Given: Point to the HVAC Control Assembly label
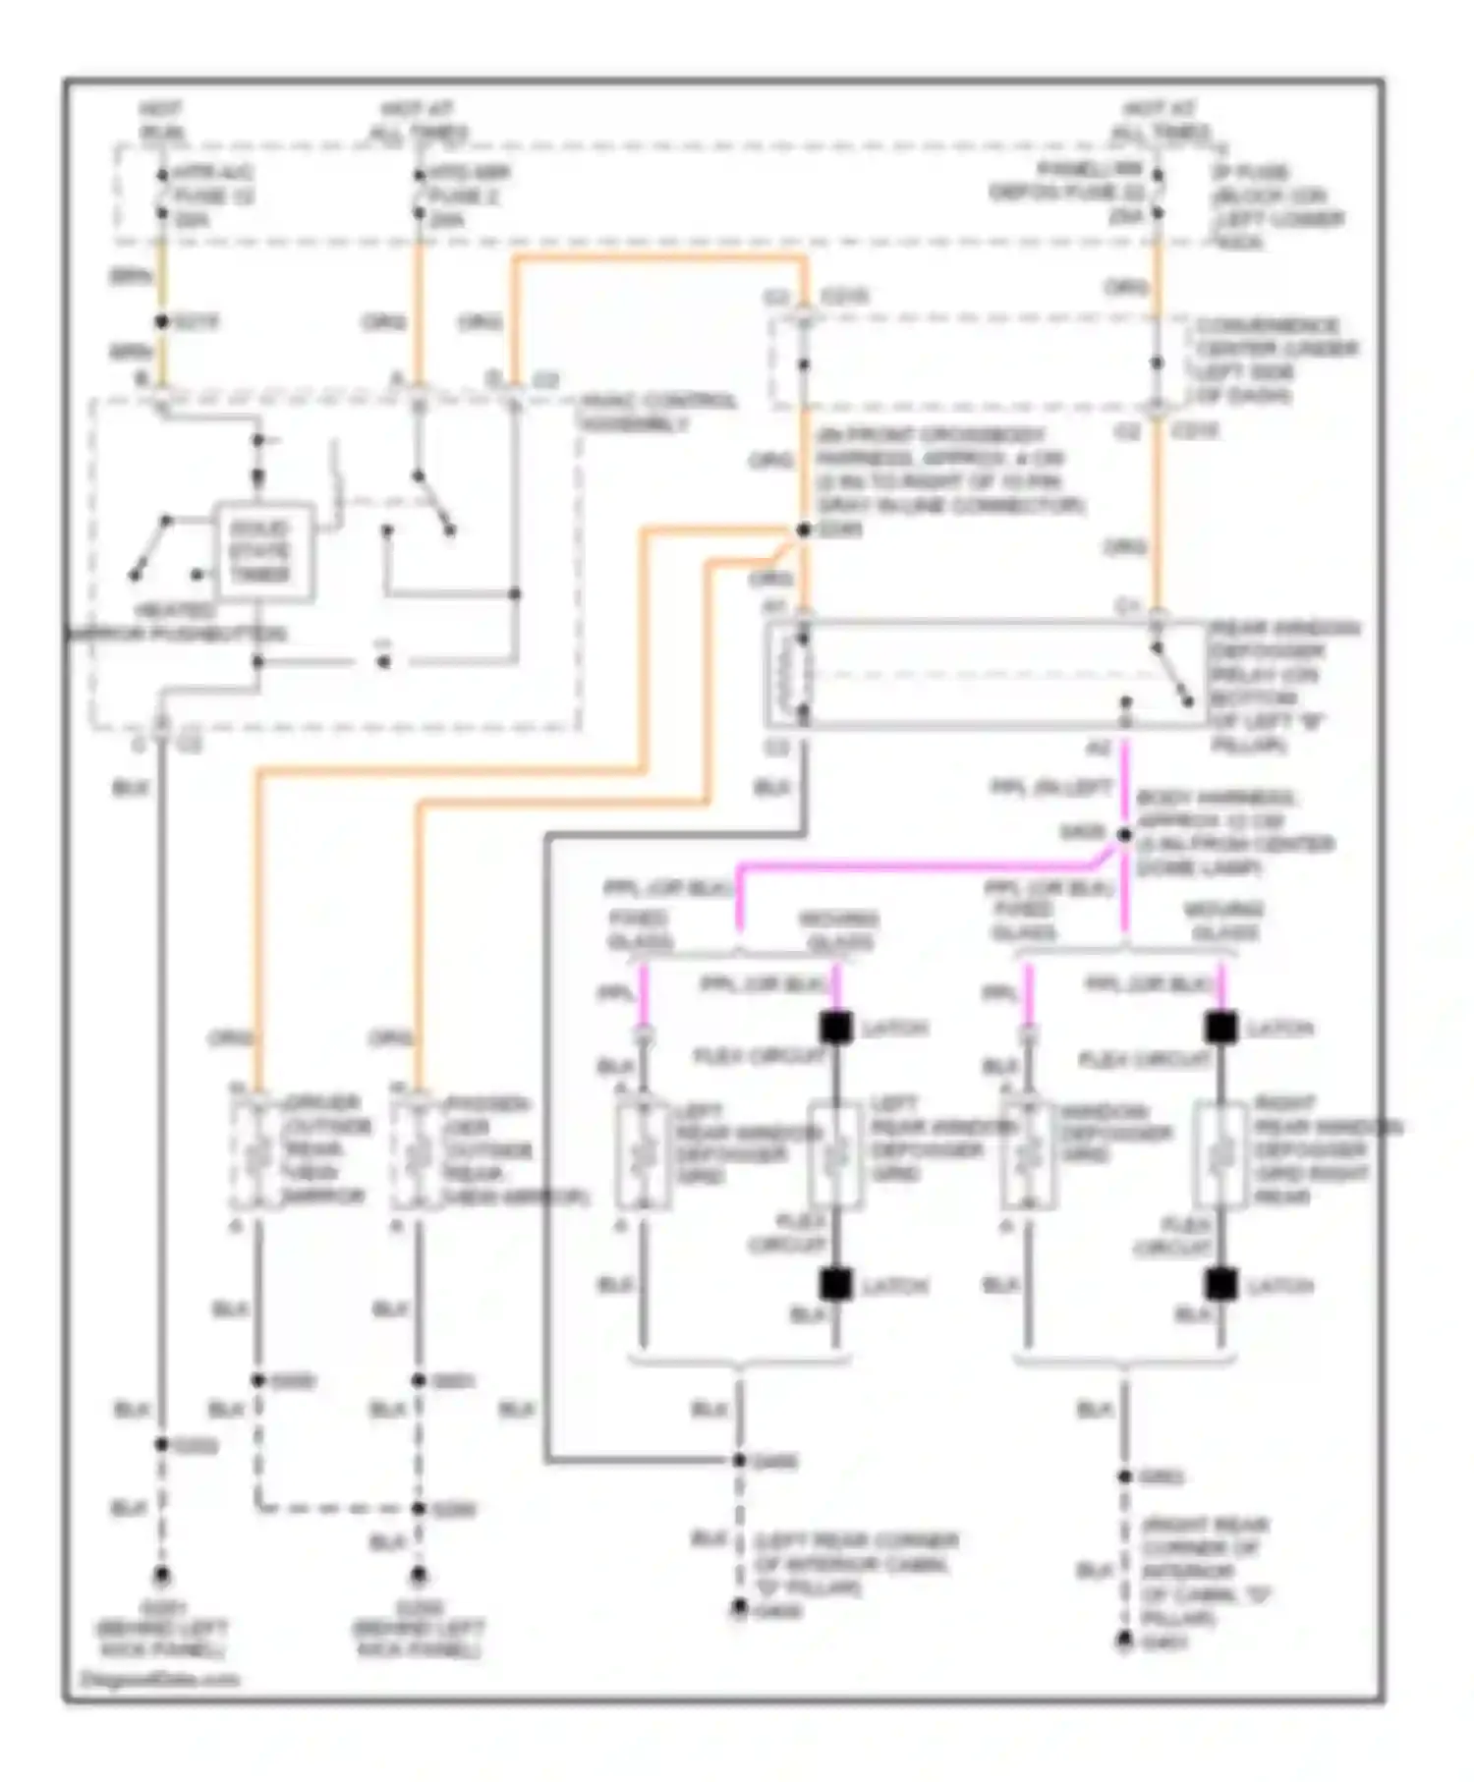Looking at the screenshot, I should click(656, 412).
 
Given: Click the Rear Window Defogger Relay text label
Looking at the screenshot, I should click(1281, 686).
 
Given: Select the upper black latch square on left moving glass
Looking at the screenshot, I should click(835, 1028).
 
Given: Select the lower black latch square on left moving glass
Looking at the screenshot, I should click(835, 1284).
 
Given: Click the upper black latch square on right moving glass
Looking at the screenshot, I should click(1220, 1028).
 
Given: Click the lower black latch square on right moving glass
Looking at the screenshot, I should click(1220, 1284).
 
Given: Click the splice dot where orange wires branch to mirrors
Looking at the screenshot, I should click(803, 530).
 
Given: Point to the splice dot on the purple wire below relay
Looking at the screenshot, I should click(1124, 835).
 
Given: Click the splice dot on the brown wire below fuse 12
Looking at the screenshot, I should click(162, 322).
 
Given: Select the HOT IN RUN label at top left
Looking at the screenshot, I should click(161, 120).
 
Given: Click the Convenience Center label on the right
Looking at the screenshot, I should click(1276, 360).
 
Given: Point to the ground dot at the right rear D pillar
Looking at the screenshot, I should click(1124, 1642).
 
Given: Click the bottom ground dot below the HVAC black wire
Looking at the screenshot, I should click(161, 1576).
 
